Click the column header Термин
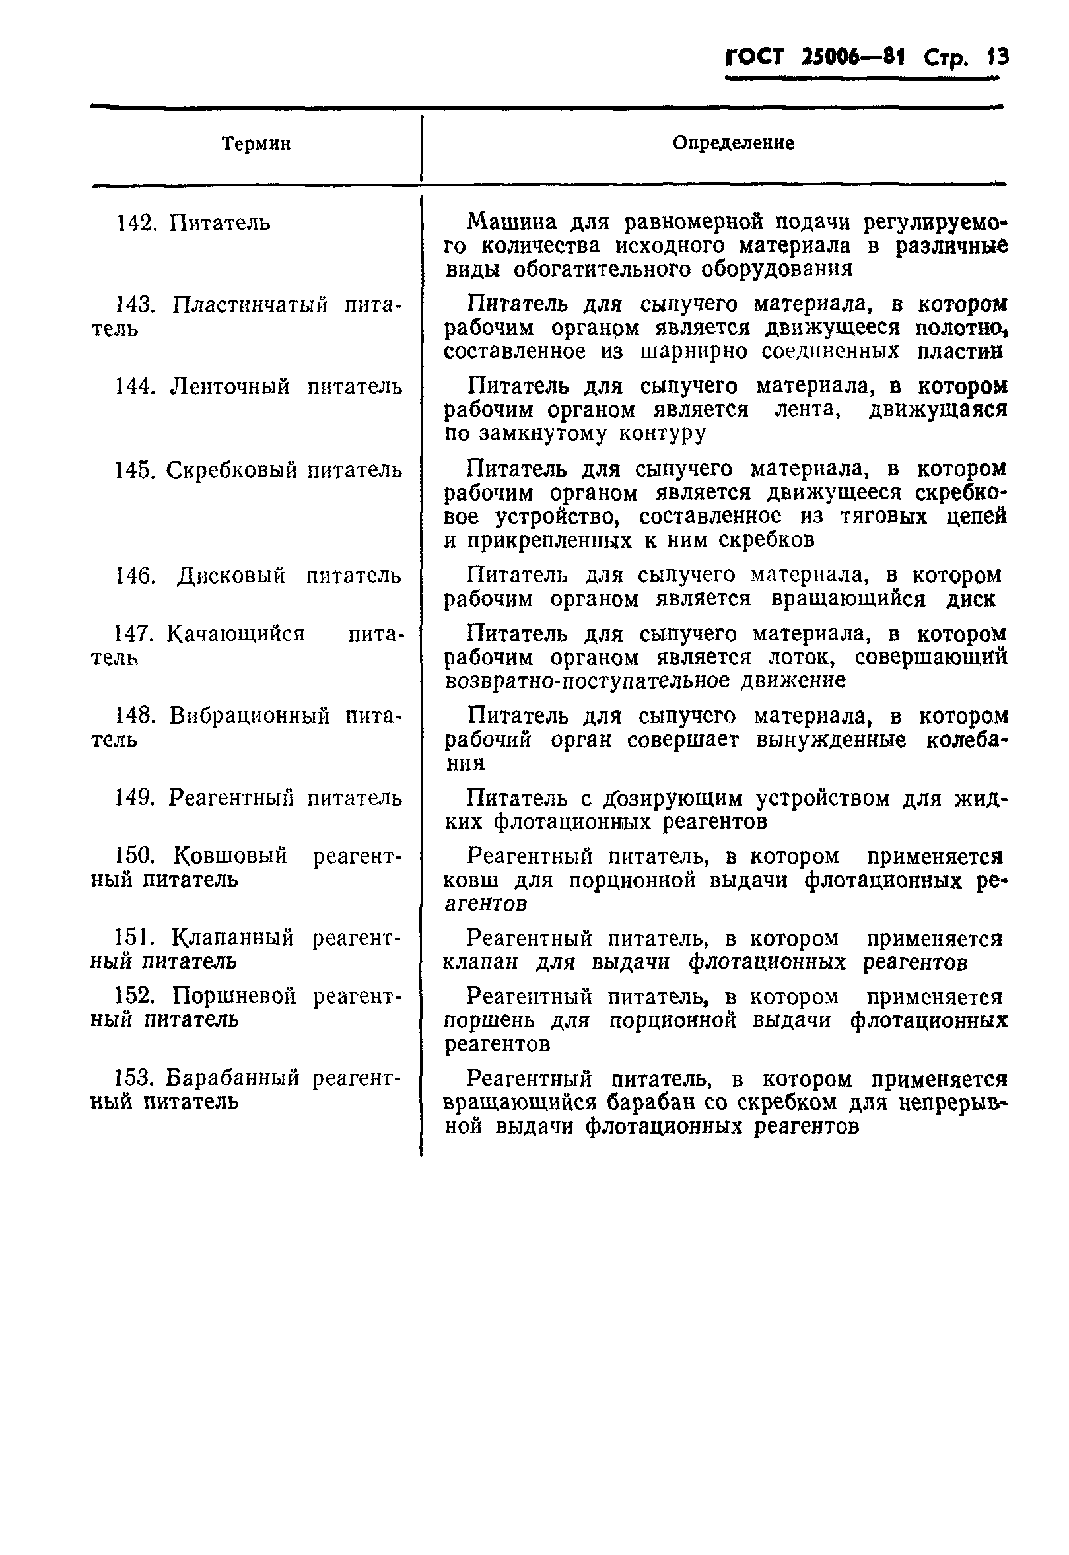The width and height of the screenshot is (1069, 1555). pos(257,144)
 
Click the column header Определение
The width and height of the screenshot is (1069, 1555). pos(734,143)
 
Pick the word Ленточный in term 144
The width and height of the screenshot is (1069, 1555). pos(230,387)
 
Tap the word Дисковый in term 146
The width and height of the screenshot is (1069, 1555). pos(231,576)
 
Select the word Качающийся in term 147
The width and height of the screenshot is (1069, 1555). pos(235,633)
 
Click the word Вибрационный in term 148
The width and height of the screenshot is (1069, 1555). pos(249,716)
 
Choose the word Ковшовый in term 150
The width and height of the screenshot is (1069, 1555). pos(230,856)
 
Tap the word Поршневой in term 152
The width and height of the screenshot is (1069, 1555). pos(234,996)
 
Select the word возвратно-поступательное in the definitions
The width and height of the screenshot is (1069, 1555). pos(587,680)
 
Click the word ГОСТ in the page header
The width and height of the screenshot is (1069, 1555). pos(754,57)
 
